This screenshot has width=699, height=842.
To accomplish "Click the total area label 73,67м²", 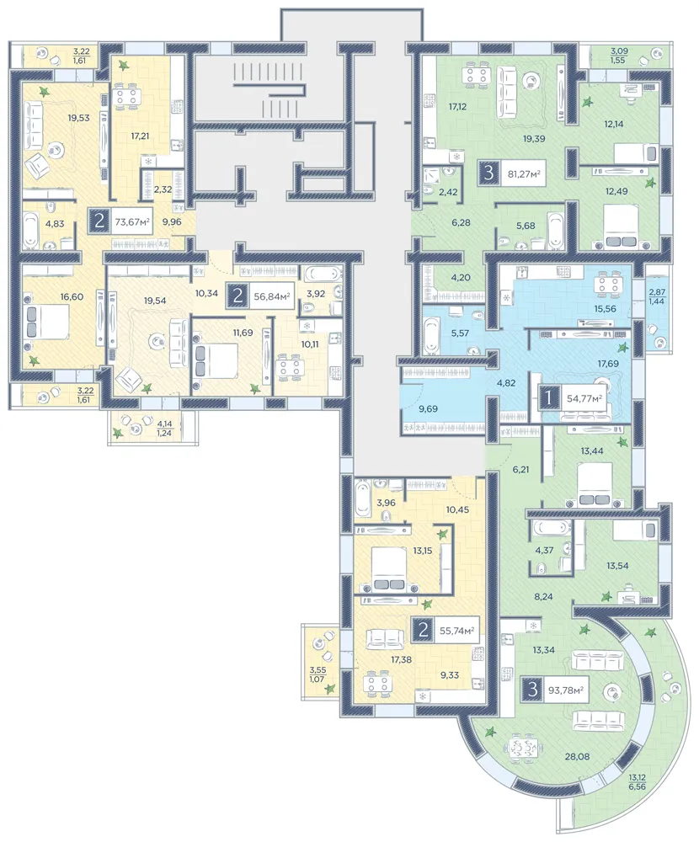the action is (x=131, y=221).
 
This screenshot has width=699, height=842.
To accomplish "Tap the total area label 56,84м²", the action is (x=272, y=296).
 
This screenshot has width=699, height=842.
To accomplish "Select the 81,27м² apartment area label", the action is (x=524, y=173).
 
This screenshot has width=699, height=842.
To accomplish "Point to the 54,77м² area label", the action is (x=584, y=398).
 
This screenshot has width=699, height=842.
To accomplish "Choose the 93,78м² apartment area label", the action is (x=566, y=689).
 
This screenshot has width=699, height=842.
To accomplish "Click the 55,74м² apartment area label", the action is (x=456, y=631).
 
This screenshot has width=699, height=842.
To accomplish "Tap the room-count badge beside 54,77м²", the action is (x=548, y=398).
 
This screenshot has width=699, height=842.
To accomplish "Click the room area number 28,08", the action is (x=577, y=756).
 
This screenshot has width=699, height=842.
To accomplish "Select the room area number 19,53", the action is (x=79, y=118).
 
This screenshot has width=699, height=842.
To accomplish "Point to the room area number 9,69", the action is (x=428, y=408).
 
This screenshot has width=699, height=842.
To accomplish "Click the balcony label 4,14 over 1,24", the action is (x=164, y=428).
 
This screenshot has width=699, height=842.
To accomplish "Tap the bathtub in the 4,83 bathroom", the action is (x=30, y=231).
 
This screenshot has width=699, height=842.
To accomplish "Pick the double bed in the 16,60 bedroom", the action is (x=47, y=322).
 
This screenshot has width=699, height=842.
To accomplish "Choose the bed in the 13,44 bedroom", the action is (x=595, y=485).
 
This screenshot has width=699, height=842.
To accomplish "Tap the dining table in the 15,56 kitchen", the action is (x=609, y=284).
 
